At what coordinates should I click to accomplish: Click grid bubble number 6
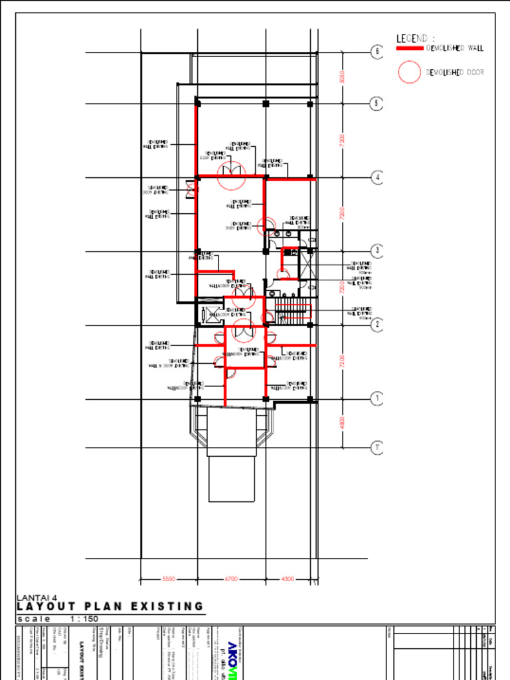click(x=377, y=52)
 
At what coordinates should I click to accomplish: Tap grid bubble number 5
click(x=377, y=104)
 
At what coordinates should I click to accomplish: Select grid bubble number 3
click(x=377, y=251)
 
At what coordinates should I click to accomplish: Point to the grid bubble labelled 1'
click(x=377, y=447)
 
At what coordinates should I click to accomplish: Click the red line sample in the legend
click(x=410, y=48)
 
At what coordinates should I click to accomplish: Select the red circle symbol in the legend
click(x=410, y=72)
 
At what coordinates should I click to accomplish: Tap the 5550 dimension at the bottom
click(x=169, y=579)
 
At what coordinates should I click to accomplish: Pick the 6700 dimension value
click(x=230, y=579)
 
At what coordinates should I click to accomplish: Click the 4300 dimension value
click(x=288, y=579)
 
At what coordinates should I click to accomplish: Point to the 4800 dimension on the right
click(x=342, y=423)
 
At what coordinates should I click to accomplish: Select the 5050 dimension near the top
click(x=342, y=78)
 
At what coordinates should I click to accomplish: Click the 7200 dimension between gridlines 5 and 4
click(x=342, y=141)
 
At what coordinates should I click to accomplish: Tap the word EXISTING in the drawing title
click(x=167, y=606)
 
